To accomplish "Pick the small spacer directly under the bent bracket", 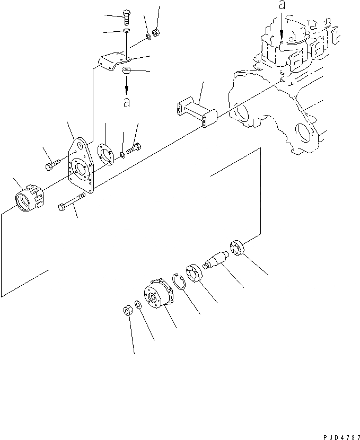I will point(127,71).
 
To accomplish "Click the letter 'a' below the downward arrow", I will point(126,103).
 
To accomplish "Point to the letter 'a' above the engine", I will point(282,6).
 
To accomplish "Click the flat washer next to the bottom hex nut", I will point(138,305).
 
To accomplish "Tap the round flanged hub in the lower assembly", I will point(158,295).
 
